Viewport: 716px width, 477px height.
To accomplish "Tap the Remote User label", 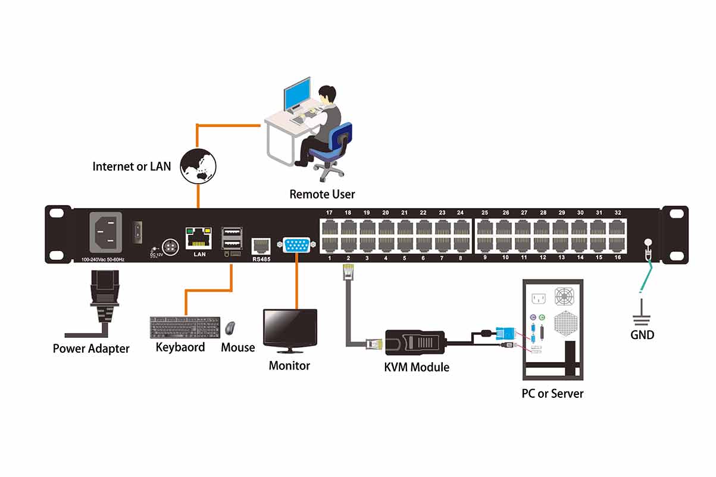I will click(x=322, y=194).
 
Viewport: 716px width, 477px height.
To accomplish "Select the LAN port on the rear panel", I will click(x=198, y=238).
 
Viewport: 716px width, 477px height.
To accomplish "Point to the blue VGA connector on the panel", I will click(x=296, y=246).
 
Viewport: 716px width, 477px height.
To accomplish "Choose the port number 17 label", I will click(x=329, y=212).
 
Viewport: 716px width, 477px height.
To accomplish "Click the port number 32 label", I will click(x=618, y=212).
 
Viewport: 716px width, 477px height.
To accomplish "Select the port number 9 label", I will click(x=484, y=258).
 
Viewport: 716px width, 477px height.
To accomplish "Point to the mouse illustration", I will click(x=230, y=328).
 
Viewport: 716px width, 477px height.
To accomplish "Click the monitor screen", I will click(x=290, y=329).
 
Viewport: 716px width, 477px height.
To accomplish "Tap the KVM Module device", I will click(x=415, y=343).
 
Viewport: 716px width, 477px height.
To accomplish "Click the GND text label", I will click(x=642, y=335).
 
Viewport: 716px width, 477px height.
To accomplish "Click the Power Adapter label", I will click(x=91, y=349).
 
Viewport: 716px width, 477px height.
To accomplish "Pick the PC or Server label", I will click(x=552, y=393).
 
